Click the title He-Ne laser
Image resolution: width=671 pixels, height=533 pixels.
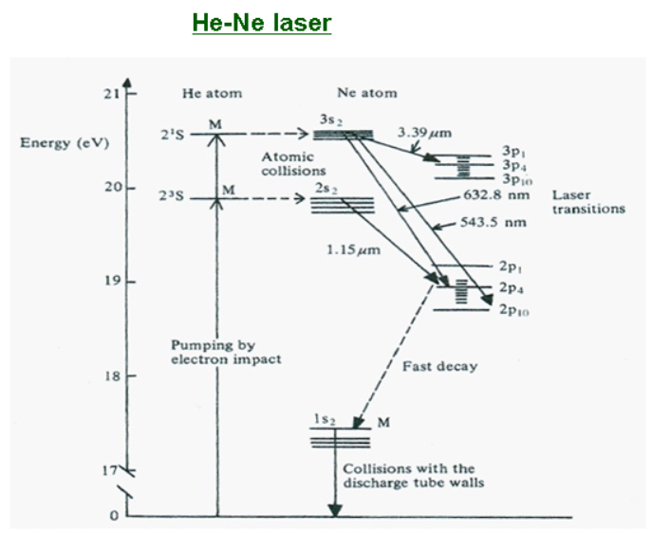[x=261, y=22]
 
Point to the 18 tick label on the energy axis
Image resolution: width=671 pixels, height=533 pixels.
[x=113, y=377]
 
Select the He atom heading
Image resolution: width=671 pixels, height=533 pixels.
[x=212, y=94]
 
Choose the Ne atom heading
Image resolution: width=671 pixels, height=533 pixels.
[x=366, y=93]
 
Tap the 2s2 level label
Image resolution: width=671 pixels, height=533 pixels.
[x=326, y=189]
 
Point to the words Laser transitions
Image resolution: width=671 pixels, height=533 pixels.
[x=587, y=201]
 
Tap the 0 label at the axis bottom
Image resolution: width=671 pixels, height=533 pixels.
[x=115, y=516]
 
